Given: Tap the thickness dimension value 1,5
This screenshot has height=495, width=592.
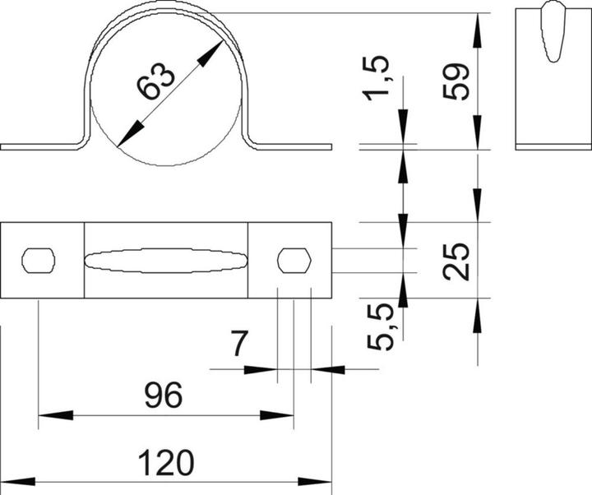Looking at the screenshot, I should [x=381, y=79].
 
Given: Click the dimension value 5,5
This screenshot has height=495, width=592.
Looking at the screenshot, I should [x=381, y=326].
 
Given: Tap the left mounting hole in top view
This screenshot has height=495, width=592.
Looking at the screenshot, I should [x=39, y=260].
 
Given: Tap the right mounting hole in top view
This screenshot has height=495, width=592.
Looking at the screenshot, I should [x=294, y=260].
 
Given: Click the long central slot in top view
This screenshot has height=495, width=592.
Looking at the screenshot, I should [x=165, y=260].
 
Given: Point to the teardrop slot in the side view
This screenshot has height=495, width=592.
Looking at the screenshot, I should [x=552, y=33].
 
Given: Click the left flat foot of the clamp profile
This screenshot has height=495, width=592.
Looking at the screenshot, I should [x=41, y=147].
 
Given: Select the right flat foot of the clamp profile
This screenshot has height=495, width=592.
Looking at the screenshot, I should [x=292, y=147].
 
